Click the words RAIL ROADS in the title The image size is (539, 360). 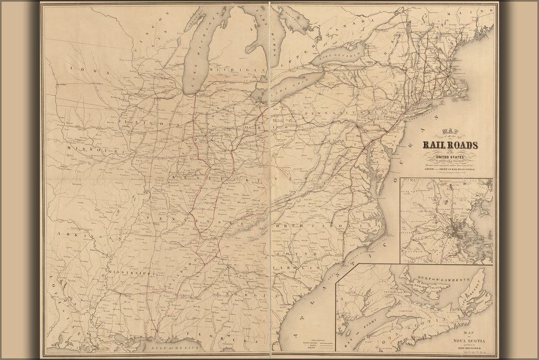coord(450,146)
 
